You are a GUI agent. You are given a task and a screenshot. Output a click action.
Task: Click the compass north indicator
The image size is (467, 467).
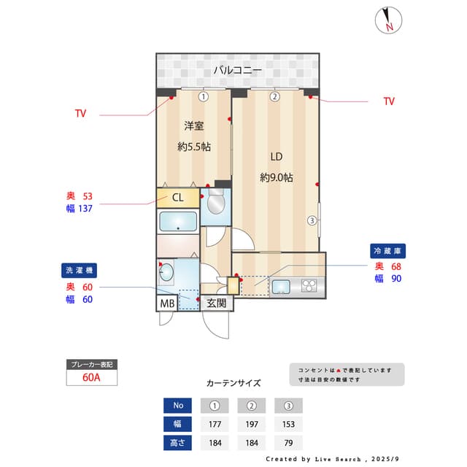(388, 20)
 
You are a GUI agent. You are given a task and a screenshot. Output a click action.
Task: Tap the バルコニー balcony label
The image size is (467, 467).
(238, 70)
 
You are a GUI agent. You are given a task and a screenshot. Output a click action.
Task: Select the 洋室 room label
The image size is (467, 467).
(194, 126)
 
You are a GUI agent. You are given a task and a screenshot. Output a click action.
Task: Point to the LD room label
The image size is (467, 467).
(277, 157)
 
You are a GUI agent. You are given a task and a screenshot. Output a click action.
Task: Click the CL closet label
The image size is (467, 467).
(178, 198)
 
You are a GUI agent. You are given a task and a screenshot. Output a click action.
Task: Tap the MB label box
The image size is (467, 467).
(167, 304)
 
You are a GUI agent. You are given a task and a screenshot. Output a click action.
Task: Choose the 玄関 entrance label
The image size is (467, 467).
(217, 304)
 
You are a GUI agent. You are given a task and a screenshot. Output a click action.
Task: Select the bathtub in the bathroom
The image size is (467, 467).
(178, 221)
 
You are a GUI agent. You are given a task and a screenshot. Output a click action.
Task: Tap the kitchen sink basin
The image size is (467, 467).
(281, 287)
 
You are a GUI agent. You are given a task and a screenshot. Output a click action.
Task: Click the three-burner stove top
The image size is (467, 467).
(309, 285)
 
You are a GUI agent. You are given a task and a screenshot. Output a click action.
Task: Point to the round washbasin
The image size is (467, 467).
(166, 272)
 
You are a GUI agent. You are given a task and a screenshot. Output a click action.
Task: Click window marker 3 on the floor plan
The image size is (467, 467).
(312, 220)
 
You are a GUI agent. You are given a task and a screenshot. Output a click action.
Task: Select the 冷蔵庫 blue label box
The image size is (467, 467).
(387, 251)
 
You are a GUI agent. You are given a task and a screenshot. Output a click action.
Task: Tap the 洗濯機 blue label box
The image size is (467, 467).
(79, 271)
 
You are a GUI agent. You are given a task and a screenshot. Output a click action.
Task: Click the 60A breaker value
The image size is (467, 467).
(91, 377)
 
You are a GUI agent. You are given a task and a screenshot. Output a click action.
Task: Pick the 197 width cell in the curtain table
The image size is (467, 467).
(252, 424)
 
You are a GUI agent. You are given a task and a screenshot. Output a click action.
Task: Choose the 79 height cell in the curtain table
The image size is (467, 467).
(288, 443)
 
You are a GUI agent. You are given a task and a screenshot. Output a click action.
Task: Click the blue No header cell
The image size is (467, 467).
(177, 406)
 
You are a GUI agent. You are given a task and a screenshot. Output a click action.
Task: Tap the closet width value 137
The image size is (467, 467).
(85, 209)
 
